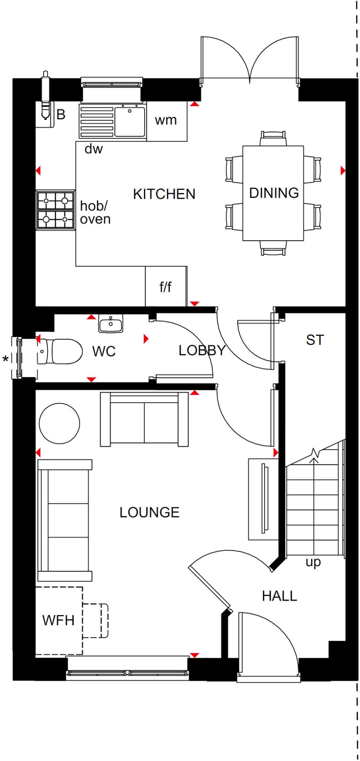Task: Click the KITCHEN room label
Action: point(164,194)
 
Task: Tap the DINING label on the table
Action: point(274,193)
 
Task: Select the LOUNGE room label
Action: point(149,512)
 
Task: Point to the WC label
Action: point(104,351)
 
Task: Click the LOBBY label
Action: point(202,350)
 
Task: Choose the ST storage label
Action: point(315,340)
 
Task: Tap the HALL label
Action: point(279,596)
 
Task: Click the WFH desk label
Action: point(58,620)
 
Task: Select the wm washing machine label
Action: point(166,120)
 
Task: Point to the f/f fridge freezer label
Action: point(165,287)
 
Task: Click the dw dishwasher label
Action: point(94,149)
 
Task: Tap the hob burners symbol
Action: point(55,210)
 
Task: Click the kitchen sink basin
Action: point(129,122)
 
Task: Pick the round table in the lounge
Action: point(59,423)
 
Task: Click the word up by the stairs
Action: point(313,562)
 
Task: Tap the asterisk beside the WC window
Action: point(6,359)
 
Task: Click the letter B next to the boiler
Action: point(61,114)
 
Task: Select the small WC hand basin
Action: point(111,324)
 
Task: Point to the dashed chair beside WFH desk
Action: point(95,621)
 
